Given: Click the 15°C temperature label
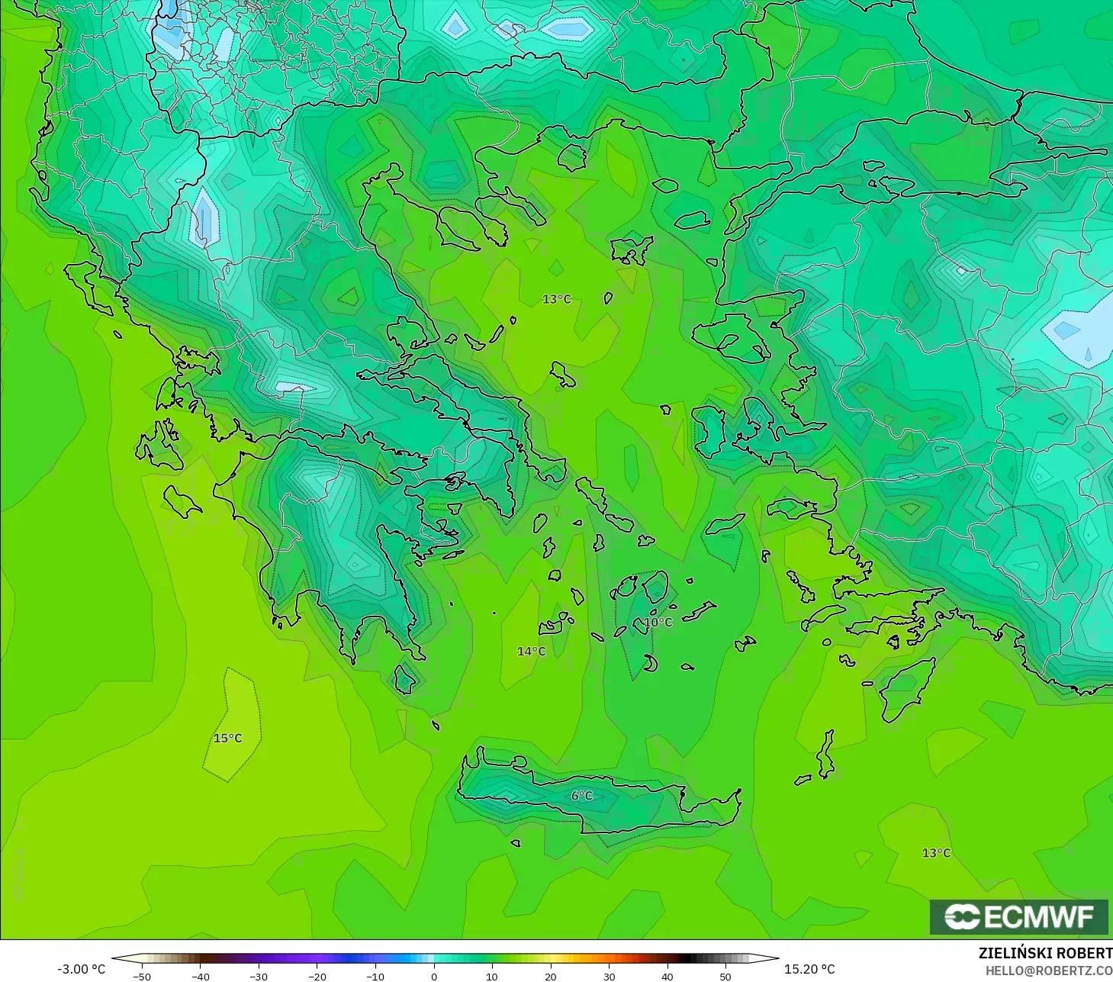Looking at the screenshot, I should click(x=227, y=738).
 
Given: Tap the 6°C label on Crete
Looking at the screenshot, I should click(x=581, y=796).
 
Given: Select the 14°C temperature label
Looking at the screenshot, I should click(x=531, y=651).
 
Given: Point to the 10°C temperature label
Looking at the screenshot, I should click(x=658, y=622).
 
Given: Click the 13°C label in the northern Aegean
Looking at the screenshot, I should click(x=556, y=299).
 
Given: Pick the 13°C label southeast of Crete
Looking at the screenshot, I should click(x=936, y=852).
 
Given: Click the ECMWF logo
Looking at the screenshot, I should click(x=1018, y=916).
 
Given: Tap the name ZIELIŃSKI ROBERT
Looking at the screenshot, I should click(x=1045, y=953).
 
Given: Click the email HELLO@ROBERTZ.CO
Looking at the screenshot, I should click(x=1048, y=971).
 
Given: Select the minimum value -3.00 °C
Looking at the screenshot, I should click(x=82, y=969).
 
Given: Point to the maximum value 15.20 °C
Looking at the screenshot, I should click(x=809, y=969).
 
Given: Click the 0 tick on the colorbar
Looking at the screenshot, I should click(x=433, y=976).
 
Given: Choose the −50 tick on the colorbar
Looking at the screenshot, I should click(x=142, y=976).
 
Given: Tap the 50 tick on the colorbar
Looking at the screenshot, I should click(x=725, y=976).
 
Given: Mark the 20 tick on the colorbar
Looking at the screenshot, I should click(x=550, y=976).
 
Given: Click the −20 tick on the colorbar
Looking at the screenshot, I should click(x=317, y=976).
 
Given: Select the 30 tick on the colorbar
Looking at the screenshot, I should click(x=609, y=976).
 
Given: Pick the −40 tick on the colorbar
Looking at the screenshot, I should click(x=200, y=976).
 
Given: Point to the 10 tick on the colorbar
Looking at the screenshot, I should click(x=492, y=976).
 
